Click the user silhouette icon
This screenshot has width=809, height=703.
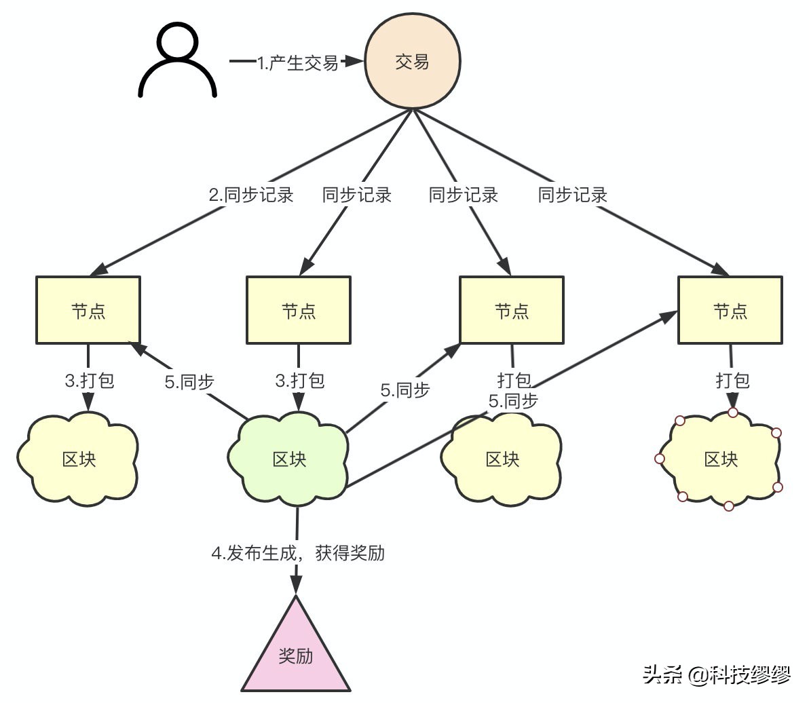[x=177, y=61]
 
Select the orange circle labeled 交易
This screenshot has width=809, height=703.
[x=413, y=61]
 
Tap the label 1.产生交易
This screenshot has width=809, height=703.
[x=297, y=63]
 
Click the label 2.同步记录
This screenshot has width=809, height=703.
[x=250, y=195]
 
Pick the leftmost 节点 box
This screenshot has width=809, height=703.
[x=88, y=310]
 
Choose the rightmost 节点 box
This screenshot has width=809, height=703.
[x=730, y=310]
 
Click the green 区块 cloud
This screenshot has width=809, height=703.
[x=290, y=459]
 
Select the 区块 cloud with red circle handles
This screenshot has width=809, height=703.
[x=721, y=459]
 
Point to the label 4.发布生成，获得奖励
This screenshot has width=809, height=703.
[x=298, y=553]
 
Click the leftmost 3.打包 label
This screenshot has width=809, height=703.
[x=90, y=380]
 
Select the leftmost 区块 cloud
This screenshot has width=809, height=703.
[x=79, y=459]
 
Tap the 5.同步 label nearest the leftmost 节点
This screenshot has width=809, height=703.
[x=189, y=382]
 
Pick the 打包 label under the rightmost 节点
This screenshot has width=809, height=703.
[x=732, y=380]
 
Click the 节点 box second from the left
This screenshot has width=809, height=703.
[x=299, y=310]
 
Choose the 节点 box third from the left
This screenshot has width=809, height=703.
[x=512, y=310]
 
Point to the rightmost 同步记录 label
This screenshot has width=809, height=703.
[x=572, y=195]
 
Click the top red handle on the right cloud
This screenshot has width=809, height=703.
[x=733, y=412]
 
